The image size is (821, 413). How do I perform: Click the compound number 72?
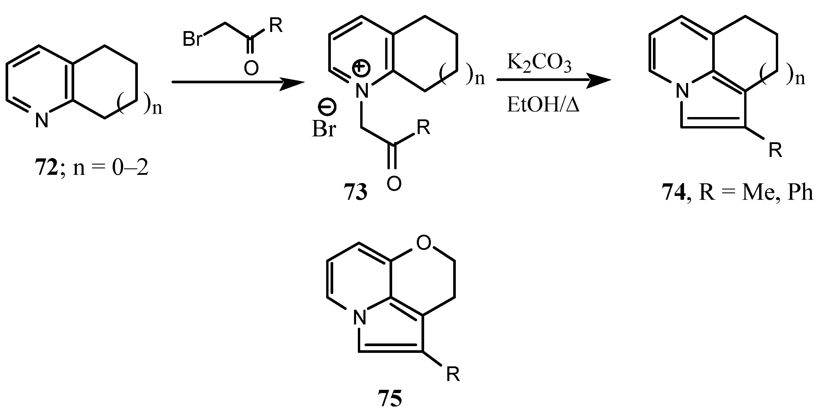pos(47,168)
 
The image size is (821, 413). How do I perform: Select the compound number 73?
pos(356,192)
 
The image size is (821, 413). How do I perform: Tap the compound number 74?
pos(674,192)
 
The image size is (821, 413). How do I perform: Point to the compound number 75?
pos(390,399)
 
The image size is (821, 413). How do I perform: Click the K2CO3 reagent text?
pos(539,63)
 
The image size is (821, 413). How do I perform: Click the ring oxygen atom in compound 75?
pos(424,243)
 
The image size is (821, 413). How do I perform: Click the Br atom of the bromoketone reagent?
pos(193,40)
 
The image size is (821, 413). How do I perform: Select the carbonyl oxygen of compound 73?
pos(394,184)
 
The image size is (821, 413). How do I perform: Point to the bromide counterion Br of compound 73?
pos(324,130)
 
